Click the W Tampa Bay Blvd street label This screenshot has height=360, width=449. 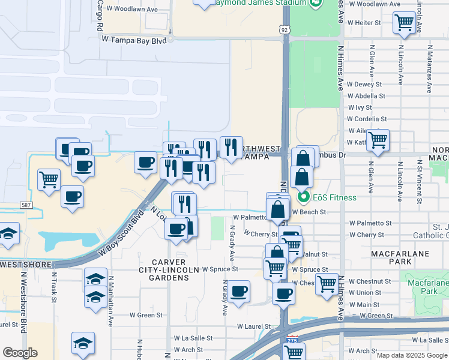134,40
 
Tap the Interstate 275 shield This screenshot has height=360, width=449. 292,339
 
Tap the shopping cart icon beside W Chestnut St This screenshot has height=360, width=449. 328,284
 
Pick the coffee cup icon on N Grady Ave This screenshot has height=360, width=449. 239,292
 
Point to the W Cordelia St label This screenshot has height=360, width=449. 367,119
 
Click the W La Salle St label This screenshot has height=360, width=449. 193,338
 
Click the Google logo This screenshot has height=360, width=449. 20,353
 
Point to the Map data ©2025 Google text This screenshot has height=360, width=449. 412,355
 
